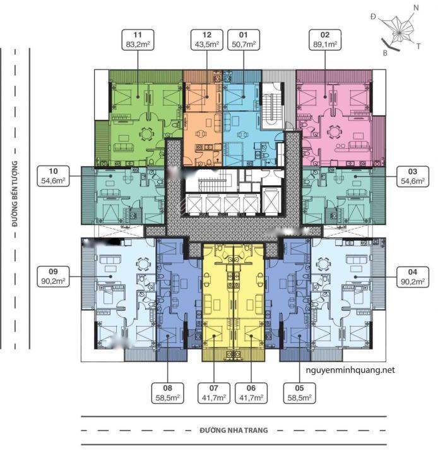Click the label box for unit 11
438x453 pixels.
(138, 40)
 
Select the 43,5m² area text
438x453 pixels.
(207, 44)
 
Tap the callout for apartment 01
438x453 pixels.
(244, 40)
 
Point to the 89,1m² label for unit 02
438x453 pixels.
(325, 44)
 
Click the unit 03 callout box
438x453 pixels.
(413, 176)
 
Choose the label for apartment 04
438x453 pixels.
(413, 277)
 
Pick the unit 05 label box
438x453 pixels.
(300, 393)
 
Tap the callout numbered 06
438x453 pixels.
(251, 393)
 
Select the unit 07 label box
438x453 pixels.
(214, 393)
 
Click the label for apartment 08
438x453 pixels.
(168, 393)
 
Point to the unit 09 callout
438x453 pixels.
(53, 277)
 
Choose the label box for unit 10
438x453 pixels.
(53, 176)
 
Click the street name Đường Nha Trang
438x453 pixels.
(234, 430)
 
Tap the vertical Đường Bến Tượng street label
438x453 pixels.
(15, 193)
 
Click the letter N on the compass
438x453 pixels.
(416, 8)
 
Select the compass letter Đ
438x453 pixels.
(374, 17)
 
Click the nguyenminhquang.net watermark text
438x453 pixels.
(350, 370)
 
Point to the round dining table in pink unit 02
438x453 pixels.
(334, 133)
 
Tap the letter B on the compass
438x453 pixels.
(385, 53)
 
